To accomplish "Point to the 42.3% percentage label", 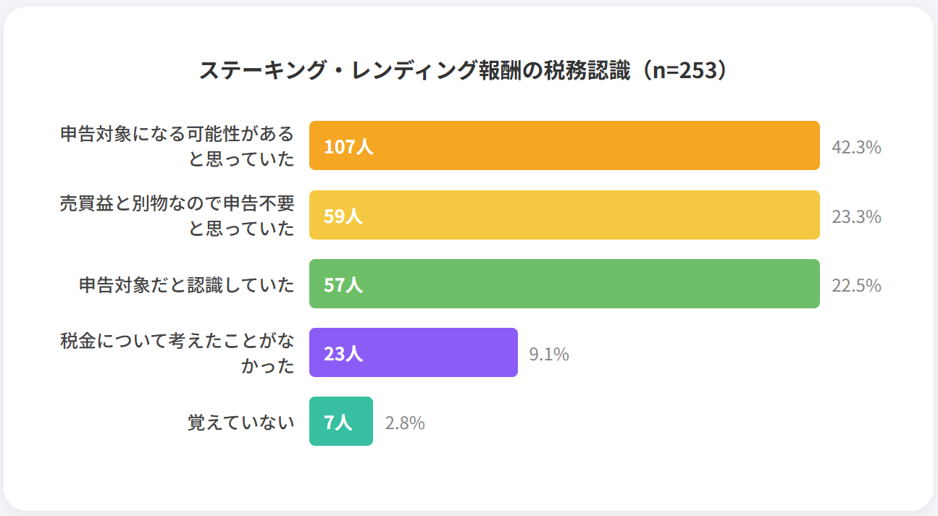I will coord(856,147).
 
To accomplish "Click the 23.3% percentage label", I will coord(856,216).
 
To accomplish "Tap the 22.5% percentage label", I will coord(856,285).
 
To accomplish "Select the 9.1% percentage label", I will coord(548,354).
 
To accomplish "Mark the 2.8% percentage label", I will coord(404,423).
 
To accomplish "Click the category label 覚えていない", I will coord(241,423).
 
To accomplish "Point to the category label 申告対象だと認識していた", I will coord(187,285).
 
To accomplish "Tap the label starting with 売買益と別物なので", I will coord(177,216).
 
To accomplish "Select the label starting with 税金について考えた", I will coord(177,353).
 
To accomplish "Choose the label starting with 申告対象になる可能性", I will coord(177,146).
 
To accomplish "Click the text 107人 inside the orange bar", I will coord(348,147).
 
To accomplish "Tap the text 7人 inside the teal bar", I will coord(338,423).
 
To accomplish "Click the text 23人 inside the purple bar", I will coord(343,354).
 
